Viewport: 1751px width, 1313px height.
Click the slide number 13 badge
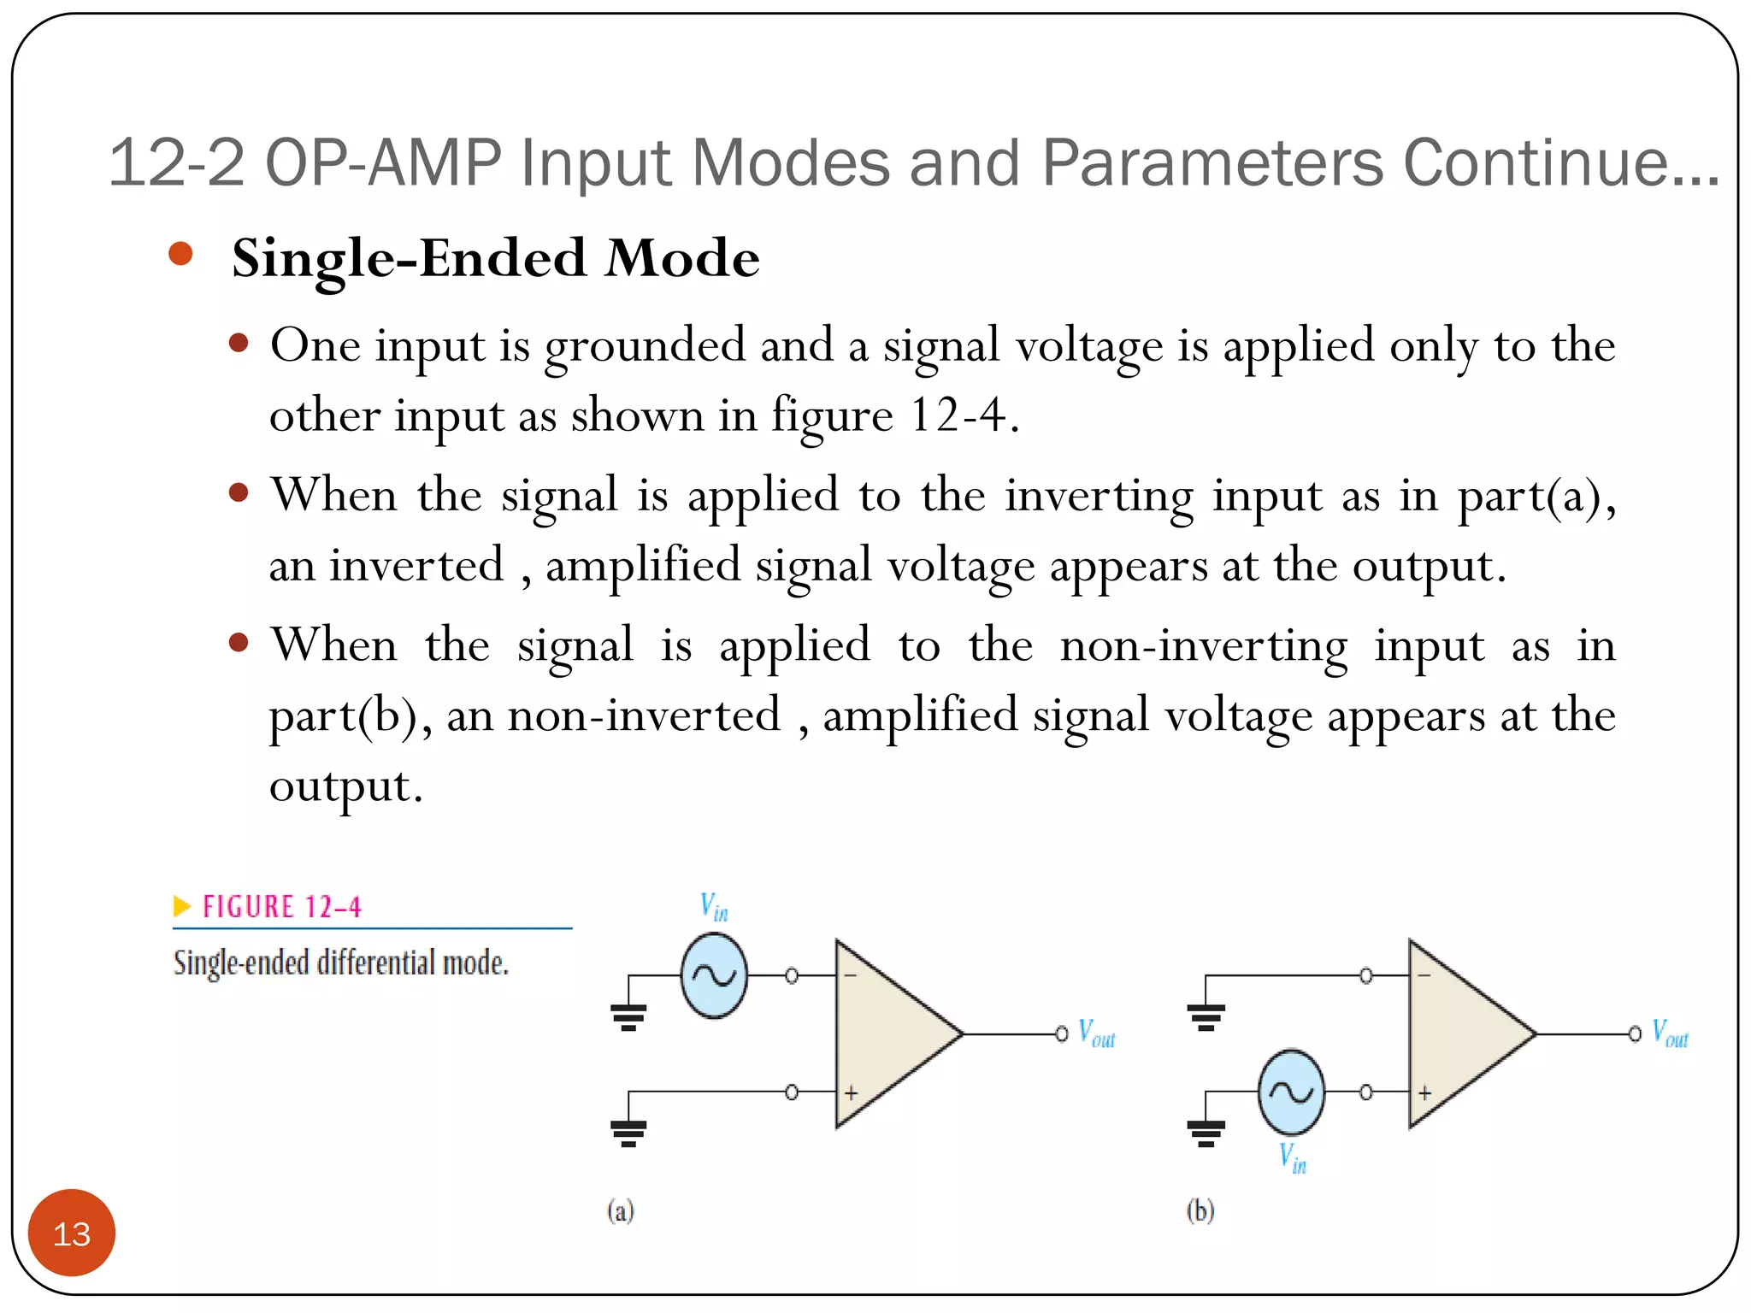72,1233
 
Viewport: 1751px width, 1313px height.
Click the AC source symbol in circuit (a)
714,975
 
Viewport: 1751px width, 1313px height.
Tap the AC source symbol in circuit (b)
1291,1092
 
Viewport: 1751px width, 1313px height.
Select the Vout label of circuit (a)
1097,1033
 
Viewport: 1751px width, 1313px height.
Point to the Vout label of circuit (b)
1670,1033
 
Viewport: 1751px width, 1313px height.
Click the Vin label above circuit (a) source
714,907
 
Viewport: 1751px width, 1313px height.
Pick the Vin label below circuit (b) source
1292,1158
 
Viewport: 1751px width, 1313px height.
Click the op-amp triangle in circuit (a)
889,1033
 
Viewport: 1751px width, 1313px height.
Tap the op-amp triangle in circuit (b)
1462,1033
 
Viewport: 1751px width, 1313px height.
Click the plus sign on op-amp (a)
852,1093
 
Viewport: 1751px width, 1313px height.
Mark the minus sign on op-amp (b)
1424,975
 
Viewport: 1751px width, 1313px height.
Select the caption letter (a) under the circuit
621,1210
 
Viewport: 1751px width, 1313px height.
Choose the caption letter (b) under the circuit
1200,1210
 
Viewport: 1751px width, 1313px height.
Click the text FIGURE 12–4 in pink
282,907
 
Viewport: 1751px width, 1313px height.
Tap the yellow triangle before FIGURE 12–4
181,905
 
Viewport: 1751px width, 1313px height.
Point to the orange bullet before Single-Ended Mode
180,254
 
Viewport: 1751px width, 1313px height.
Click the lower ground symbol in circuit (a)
628,1133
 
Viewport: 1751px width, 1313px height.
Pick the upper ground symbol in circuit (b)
1206,1016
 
